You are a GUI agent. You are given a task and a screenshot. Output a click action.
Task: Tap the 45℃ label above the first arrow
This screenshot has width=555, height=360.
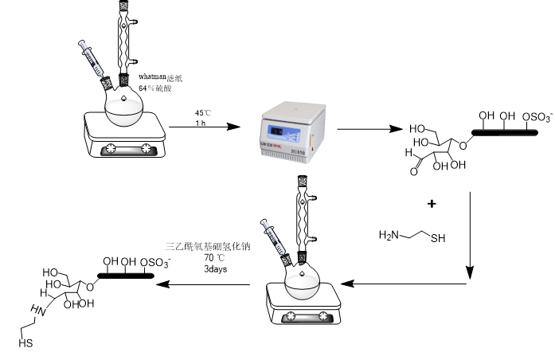pos(203,112)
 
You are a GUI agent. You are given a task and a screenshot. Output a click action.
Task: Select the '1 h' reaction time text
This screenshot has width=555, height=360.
pos(201,123)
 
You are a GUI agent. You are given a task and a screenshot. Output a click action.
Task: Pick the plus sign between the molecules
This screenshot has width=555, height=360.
pos(432,205)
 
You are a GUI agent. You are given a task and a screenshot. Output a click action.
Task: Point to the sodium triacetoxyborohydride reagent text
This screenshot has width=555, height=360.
pos(208,247)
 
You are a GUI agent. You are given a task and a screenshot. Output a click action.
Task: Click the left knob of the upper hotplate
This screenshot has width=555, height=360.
pos(111,147)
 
